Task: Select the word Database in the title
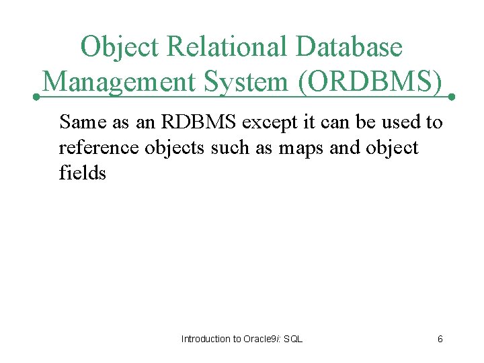point(349,48)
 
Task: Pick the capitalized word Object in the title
point(118,48)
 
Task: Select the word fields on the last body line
point(83,173)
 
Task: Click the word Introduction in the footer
point(206,339)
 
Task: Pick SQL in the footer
point(294,339)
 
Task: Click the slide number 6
point(440,339)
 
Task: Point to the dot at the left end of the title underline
point(37,97)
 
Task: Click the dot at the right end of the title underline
point(452,97)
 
